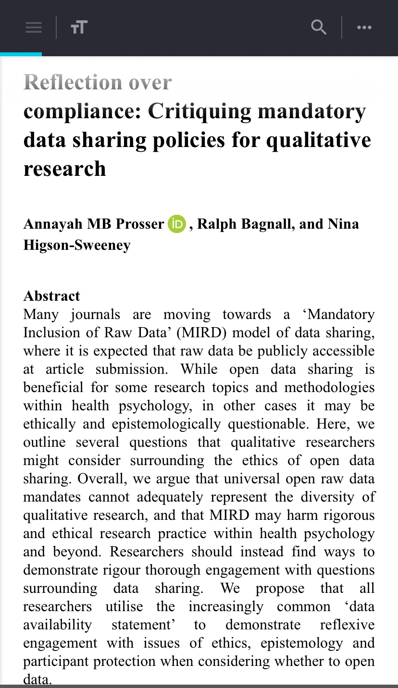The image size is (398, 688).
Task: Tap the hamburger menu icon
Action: (x=34, y=27)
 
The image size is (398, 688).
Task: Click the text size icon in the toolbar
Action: (x=79, y=27)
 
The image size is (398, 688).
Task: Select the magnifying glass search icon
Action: (x=319, y=27)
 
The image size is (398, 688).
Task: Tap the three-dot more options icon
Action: (x=364, y=27)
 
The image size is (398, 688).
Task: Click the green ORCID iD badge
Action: (x=177, y=224)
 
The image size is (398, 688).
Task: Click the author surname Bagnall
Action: (x=254, y=224)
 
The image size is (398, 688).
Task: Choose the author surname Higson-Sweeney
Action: (x=77, y=245)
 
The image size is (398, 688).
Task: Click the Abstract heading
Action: (x=51, y=295)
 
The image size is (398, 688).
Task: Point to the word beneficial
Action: (x=51, y=387)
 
